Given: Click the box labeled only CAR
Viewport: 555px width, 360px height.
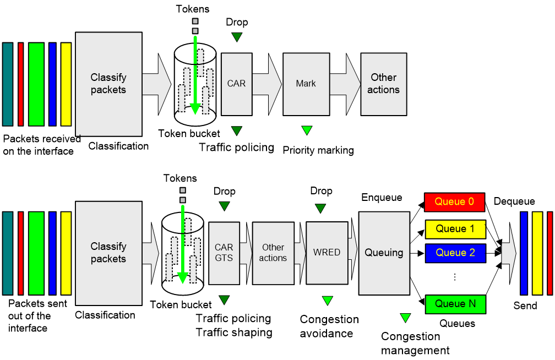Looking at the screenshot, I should tap(236, 84).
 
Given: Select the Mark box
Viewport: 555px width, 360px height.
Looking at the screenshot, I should tap(306, 84).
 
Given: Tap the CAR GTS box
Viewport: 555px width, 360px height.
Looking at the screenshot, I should tap(224, 253).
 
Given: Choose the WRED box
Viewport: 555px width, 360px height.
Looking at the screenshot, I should tap(327, 253).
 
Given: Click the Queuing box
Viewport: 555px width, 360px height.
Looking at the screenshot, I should tap(384, 253).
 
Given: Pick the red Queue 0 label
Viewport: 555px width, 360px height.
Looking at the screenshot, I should tap(454, 202).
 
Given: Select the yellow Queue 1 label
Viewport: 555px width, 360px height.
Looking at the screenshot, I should tap(455, 229).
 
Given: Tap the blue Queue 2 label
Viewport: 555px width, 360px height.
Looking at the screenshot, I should tap(455, 253).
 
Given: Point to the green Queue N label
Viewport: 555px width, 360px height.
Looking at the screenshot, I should tap(455, 304).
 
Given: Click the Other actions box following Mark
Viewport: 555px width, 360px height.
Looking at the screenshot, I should tap(383, 84).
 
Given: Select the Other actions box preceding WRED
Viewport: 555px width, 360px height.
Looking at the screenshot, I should tap(273, 253).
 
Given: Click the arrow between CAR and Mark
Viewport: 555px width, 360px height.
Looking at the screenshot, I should tap(267, 84).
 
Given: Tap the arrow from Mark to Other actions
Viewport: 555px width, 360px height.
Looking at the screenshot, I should tap(345, 84).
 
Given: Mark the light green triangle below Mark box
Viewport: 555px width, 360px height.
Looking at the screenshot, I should tap(307, 130).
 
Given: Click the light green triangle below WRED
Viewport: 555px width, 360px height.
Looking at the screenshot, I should tap(328, 300).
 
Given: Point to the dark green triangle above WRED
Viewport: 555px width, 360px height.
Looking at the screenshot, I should tap(320, 208).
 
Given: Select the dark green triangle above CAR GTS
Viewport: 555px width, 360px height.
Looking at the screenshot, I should tap(224, 206).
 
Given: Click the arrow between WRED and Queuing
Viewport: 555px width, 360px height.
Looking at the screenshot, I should tap(353, 253).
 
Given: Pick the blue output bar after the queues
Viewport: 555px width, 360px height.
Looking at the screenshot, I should tap(524, 253).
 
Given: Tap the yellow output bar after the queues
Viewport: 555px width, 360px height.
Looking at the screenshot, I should tap(537, 253).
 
